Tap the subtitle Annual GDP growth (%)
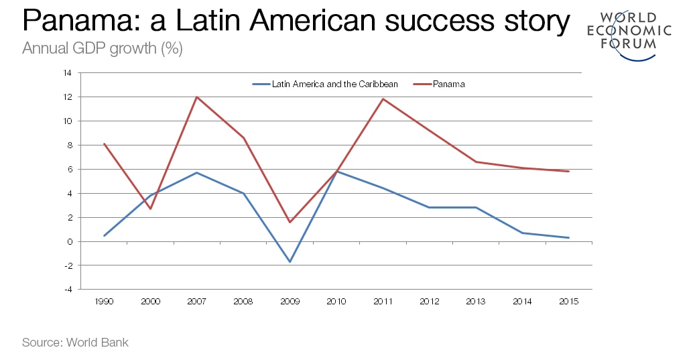click(102, 49)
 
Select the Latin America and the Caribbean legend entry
click(325, 84)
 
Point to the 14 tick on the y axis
click(68, 73)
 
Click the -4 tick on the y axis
click(68, 290)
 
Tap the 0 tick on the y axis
click(70, 241)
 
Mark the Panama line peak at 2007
click(197, 97)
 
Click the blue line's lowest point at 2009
click(290, 261)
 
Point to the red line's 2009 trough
click(290, 222)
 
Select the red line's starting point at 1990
click(105, 143)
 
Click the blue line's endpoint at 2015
click(569, 237)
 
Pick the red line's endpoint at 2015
click(569, 172)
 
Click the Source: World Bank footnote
click(75, 343)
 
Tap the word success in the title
click(434, 21)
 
